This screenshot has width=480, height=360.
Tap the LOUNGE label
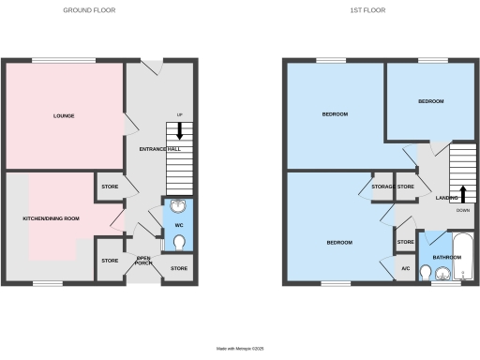coord(64,116)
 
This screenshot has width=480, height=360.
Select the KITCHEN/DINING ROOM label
coord(51,218)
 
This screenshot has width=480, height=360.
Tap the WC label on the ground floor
coord(178,224)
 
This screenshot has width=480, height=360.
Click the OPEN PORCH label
coord(143,260)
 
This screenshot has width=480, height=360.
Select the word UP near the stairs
coord(179,115)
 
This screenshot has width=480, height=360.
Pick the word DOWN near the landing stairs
coord(462,211)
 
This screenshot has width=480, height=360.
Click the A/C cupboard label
coord(405,269)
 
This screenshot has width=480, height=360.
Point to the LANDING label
coord(446,198)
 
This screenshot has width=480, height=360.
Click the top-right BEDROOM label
coord(430,101)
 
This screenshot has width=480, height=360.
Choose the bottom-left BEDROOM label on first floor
coord(338,243)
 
